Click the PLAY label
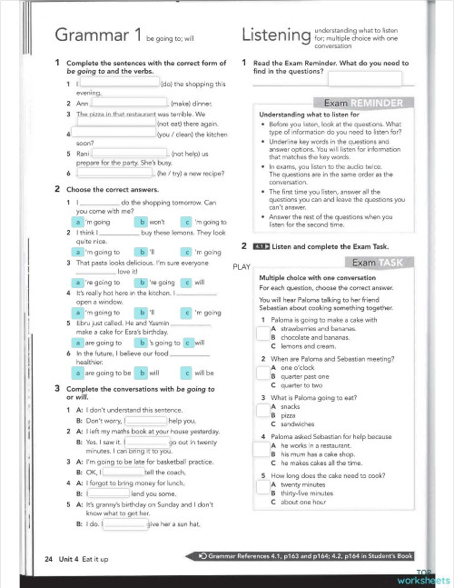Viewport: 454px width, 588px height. [241, 266]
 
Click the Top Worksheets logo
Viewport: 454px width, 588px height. [422, 577]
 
